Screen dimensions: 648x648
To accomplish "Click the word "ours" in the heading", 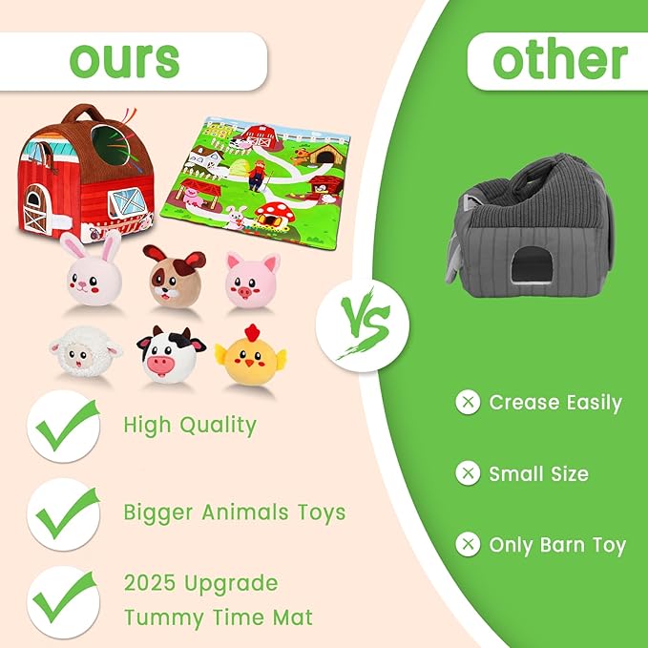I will click(x=124, y=60).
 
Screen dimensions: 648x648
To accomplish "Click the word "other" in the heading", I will click(x=559, y=60).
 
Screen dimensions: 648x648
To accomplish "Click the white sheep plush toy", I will click(x=86, y=355).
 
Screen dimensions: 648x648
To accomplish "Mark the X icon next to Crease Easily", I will click(x=468, y=403).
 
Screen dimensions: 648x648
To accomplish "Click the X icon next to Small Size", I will click(x=468, y=473).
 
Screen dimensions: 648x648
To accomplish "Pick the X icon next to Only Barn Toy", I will click(x=468, y=545).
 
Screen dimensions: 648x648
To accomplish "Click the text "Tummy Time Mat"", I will click(x=218, y=617).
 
